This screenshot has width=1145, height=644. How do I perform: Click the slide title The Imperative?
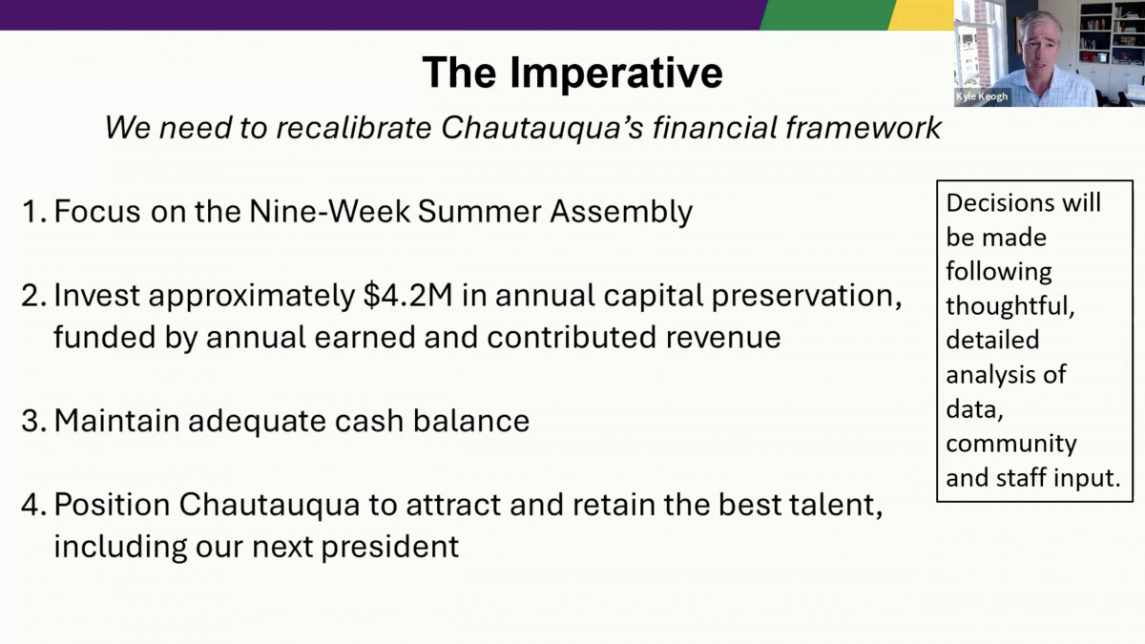pyautogui.click(x=572, y=73)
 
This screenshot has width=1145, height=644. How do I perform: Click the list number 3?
pyautogui.click(x=31, y=421)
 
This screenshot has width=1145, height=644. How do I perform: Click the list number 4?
pyautogui.click(x=31, y=506)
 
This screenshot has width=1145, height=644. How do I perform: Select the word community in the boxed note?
pyautogui.click(x=1010, y=444)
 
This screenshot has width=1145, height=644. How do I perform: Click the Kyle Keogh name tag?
pyautogui.click(x=982, y=96)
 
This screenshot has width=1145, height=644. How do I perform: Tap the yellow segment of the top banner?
pyautogui.click(x=922, y=14)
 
